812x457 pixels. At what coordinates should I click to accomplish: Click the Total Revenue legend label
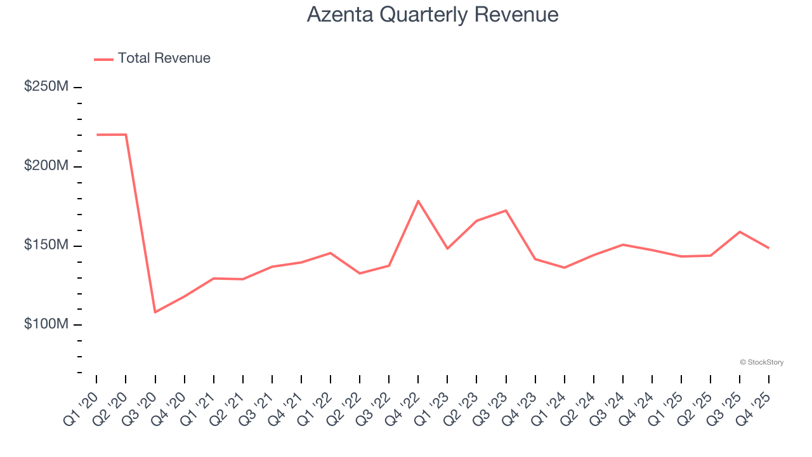coord(164,58)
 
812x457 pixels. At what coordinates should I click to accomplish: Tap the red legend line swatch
coord(103,59)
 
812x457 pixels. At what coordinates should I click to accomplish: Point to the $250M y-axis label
coord(46,86)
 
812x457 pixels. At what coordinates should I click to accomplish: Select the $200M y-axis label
coord(46,166)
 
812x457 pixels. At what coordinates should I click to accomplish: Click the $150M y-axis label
coord(46,245)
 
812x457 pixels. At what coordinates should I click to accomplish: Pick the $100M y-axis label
coord(46,324)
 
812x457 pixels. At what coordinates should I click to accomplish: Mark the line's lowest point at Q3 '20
coord(155,312)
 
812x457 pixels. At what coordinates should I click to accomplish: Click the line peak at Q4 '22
coord(418,201)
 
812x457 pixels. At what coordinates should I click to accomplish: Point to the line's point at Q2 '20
coord(126,135)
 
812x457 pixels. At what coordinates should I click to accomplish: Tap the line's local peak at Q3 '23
coord(506,210)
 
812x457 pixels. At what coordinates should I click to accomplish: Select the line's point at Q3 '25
coord(740,232)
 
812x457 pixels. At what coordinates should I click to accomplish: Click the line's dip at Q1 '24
coord(564,268)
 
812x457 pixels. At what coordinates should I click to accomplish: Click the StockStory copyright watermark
coord(761,362)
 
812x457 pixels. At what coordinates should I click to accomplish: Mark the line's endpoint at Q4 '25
coord(769,248)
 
